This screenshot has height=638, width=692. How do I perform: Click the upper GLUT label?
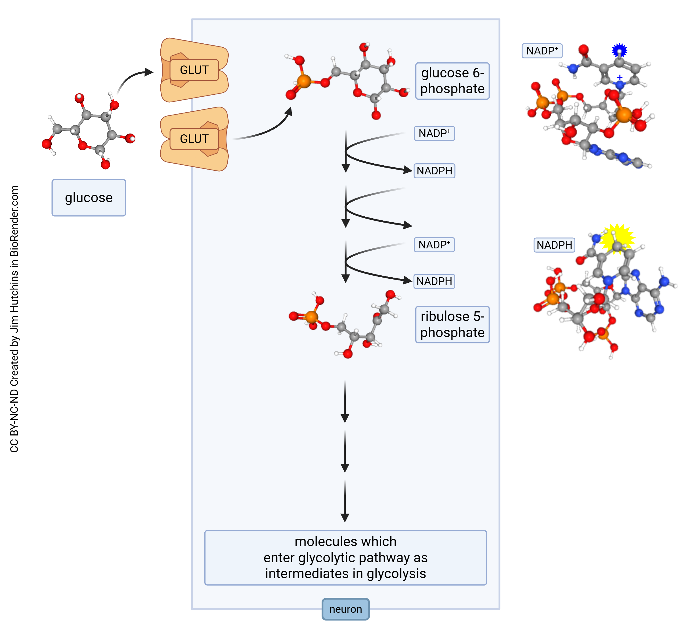coord(194,70)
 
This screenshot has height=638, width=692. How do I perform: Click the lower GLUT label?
coord(194,139)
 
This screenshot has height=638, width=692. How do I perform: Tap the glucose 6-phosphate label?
coord(452,81)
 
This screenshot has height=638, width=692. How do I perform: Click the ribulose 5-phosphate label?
coord(452,324)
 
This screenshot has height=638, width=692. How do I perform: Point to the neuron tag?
coord(345,609)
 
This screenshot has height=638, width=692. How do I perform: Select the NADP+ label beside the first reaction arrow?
coord(434,133)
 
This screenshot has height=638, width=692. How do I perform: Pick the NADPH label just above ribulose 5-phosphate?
coord(434,281)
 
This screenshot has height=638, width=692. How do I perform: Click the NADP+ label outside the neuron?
coord(542,51)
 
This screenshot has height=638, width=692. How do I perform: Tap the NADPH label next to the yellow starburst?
coord(554,245)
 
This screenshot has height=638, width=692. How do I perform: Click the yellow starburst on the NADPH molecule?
coord(617,238)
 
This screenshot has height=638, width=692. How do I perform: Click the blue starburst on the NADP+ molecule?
coord(619,51)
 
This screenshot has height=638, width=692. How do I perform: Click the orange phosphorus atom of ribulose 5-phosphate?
coord(312,316)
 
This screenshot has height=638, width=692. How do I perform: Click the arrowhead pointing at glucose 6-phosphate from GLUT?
coord(289,111)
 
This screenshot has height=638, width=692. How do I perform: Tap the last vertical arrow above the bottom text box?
coord(345,500)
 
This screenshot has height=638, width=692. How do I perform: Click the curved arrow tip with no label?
coord(408,225)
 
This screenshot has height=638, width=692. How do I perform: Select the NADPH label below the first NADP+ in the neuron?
coord(434,171)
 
